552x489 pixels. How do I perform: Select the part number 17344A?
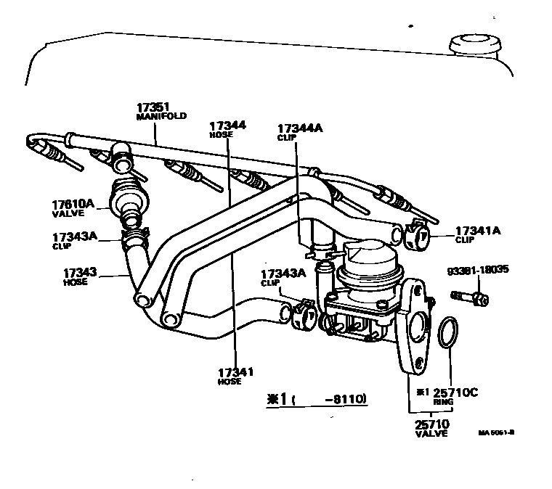(x=300, y=128)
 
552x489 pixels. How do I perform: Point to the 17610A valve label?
(x=73, y=205)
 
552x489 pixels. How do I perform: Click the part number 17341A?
(x=478, y=230)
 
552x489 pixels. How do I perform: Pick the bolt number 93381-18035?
(x=478, y=269)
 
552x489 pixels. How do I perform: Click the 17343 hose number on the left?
(x=79, y=273)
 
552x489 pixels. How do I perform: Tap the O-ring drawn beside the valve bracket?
(x=448, y=332)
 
